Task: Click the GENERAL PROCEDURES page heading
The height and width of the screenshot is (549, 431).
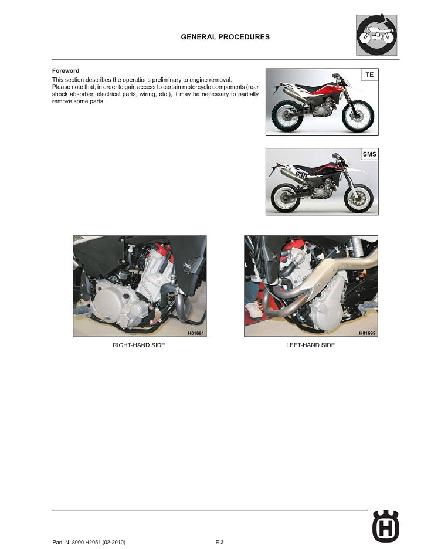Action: [x=226, y=37]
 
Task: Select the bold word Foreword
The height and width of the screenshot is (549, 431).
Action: [x=66, y=71]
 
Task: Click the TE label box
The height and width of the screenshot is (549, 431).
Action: [x=369, y=75]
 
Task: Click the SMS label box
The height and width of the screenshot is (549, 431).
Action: [x=369, y=155]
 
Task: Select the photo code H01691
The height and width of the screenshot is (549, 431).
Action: [x=195, y=333]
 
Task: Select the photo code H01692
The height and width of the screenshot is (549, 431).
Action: [x=367, y=333]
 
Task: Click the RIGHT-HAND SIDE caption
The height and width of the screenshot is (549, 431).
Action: [x=139, y=345]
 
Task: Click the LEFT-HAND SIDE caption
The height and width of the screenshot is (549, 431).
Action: [x=311, y=345]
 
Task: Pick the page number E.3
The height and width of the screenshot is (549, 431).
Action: [x=219, y=542]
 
